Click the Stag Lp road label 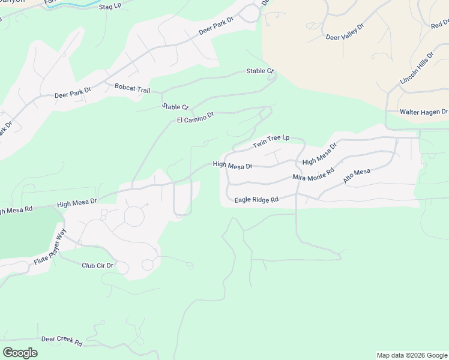click(x=109, y=5)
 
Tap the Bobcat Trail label click(x=132, y=88)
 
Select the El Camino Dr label click(x=196, y=118)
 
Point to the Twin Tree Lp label click(x=271, y=142)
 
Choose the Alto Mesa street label click(x=357, y=176)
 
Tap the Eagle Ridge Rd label click(x=256, y=199)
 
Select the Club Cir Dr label click(x=97, y=265)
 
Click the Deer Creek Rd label click(x=62, y=340)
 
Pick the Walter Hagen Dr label click(x=424, y=112)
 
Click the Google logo click(x=20, y=352)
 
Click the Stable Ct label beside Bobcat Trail click(x=175, y=107)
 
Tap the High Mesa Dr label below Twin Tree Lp click(x=232, y=165)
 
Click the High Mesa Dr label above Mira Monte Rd click(x=320, y=154)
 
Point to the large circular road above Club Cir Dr click(x=134, y=216)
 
